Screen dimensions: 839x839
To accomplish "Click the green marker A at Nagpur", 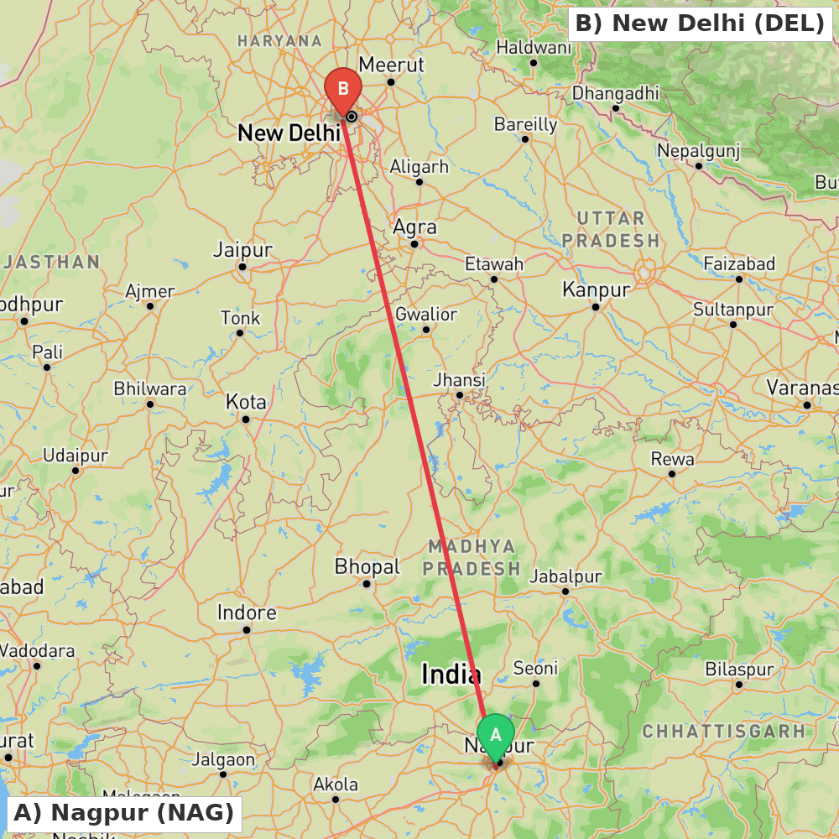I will coord(496,735).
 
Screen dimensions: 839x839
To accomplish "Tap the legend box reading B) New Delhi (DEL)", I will coord(700,23).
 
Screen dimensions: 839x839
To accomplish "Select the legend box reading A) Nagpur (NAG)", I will coord(123,812).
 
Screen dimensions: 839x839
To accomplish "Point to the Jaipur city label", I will coord(242,250).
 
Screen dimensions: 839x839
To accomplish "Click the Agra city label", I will coord(415,227).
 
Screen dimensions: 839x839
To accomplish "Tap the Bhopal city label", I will coord(367,567).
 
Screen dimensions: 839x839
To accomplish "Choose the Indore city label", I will coord(247,612).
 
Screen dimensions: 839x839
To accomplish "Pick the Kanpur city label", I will coord(596,289).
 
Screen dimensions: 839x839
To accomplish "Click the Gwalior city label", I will coord(426,315).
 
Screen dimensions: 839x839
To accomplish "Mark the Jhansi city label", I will coord(459,379).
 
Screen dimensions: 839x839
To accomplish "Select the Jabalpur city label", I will coord(565,576).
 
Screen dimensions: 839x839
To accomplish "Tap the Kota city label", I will coord(246,402).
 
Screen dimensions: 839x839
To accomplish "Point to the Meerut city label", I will coord(391,65).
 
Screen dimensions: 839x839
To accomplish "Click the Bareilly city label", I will coord(525,124).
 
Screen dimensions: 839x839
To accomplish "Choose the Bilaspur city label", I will coord(739,670).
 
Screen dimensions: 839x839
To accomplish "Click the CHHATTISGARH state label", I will coord(723,731).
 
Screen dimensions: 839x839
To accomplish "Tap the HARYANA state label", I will coord(279,40).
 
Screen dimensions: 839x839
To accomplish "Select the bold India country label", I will coord(451,674).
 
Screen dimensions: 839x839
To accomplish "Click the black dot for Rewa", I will coord(672,474).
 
